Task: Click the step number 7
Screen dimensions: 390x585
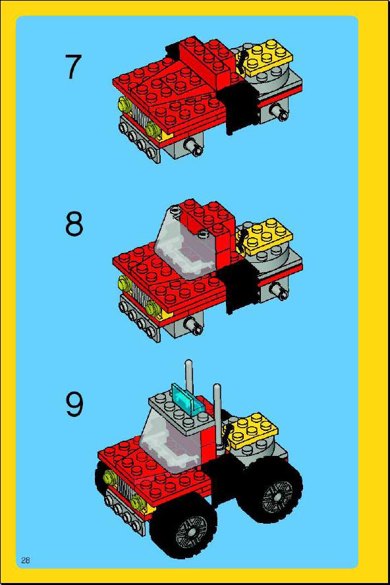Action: [73, 67]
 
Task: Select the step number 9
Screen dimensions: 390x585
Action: [74, 404]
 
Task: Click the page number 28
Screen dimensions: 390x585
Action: [26, 559]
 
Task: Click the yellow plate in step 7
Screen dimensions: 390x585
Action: [266, 57]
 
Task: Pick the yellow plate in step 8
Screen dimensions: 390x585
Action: [266, 237]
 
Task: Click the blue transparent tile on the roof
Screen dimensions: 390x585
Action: [188, 400]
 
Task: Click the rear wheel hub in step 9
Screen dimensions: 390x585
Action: [277, 496]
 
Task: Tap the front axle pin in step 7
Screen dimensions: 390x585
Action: [195, 148]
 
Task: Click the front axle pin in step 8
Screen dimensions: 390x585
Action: [195, 327]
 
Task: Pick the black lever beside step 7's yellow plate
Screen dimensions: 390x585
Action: [242, 61]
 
